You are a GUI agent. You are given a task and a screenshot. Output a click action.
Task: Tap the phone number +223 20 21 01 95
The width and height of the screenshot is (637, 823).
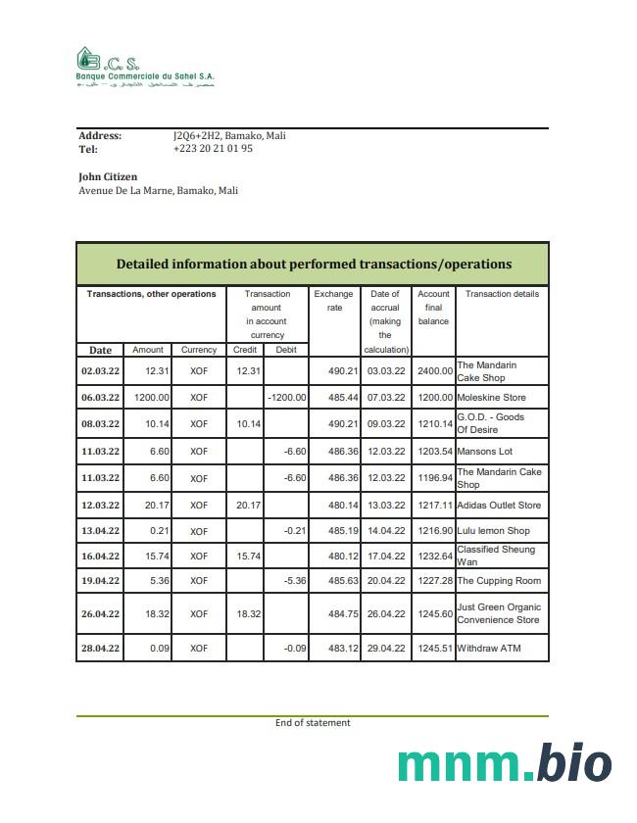tap(213, 149)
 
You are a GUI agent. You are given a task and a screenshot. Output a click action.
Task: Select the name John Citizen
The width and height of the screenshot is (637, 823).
tap(108, 176)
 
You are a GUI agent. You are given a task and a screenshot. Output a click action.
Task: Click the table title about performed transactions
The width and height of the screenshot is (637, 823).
tap(314, 264)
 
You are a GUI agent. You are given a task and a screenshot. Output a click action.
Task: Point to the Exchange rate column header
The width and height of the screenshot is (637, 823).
tap(334, 300)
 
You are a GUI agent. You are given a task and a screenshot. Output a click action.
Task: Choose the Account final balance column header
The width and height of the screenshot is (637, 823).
tap(433, 307)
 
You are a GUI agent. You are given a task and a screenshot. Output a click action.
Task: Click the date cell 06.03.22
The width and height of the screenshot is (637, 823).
tap(100, 398)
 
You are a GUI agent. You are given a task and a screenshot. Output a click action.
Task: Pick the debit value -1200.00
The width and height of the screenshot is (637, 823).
tap(286, 398)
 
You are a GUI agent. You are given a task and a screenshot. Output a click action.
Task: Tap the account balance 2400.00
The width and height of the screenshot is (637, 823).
tap(434, 371)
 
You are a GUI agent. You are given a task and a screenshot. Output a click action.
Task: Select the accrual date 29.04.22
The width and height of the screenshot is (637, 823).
tap(386, 649)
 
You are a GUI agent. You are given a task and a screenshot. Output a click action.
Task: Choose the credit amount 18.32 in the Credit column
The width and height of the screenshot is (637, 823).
tap(248, 613)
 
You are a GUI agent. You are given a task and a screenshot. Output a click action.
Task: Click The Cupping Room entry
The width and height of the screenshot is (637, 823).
tap(499, 581)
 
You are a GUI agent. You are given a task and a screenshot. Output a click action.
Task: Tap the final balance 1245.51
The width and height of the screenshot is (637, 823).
tap(434, 649)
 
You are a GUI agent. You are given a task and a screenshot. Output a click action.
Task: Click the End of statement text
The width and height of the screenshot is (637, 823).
tap(313, 723)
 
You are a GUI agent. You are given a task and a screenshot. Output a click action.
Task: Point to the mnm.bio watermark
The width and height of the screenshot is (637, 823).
tap(505, 765)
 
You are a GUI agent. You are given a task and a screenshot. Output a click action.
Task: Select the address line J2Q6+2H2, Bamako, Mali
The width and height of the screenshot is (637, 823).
tap(229, 136)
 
